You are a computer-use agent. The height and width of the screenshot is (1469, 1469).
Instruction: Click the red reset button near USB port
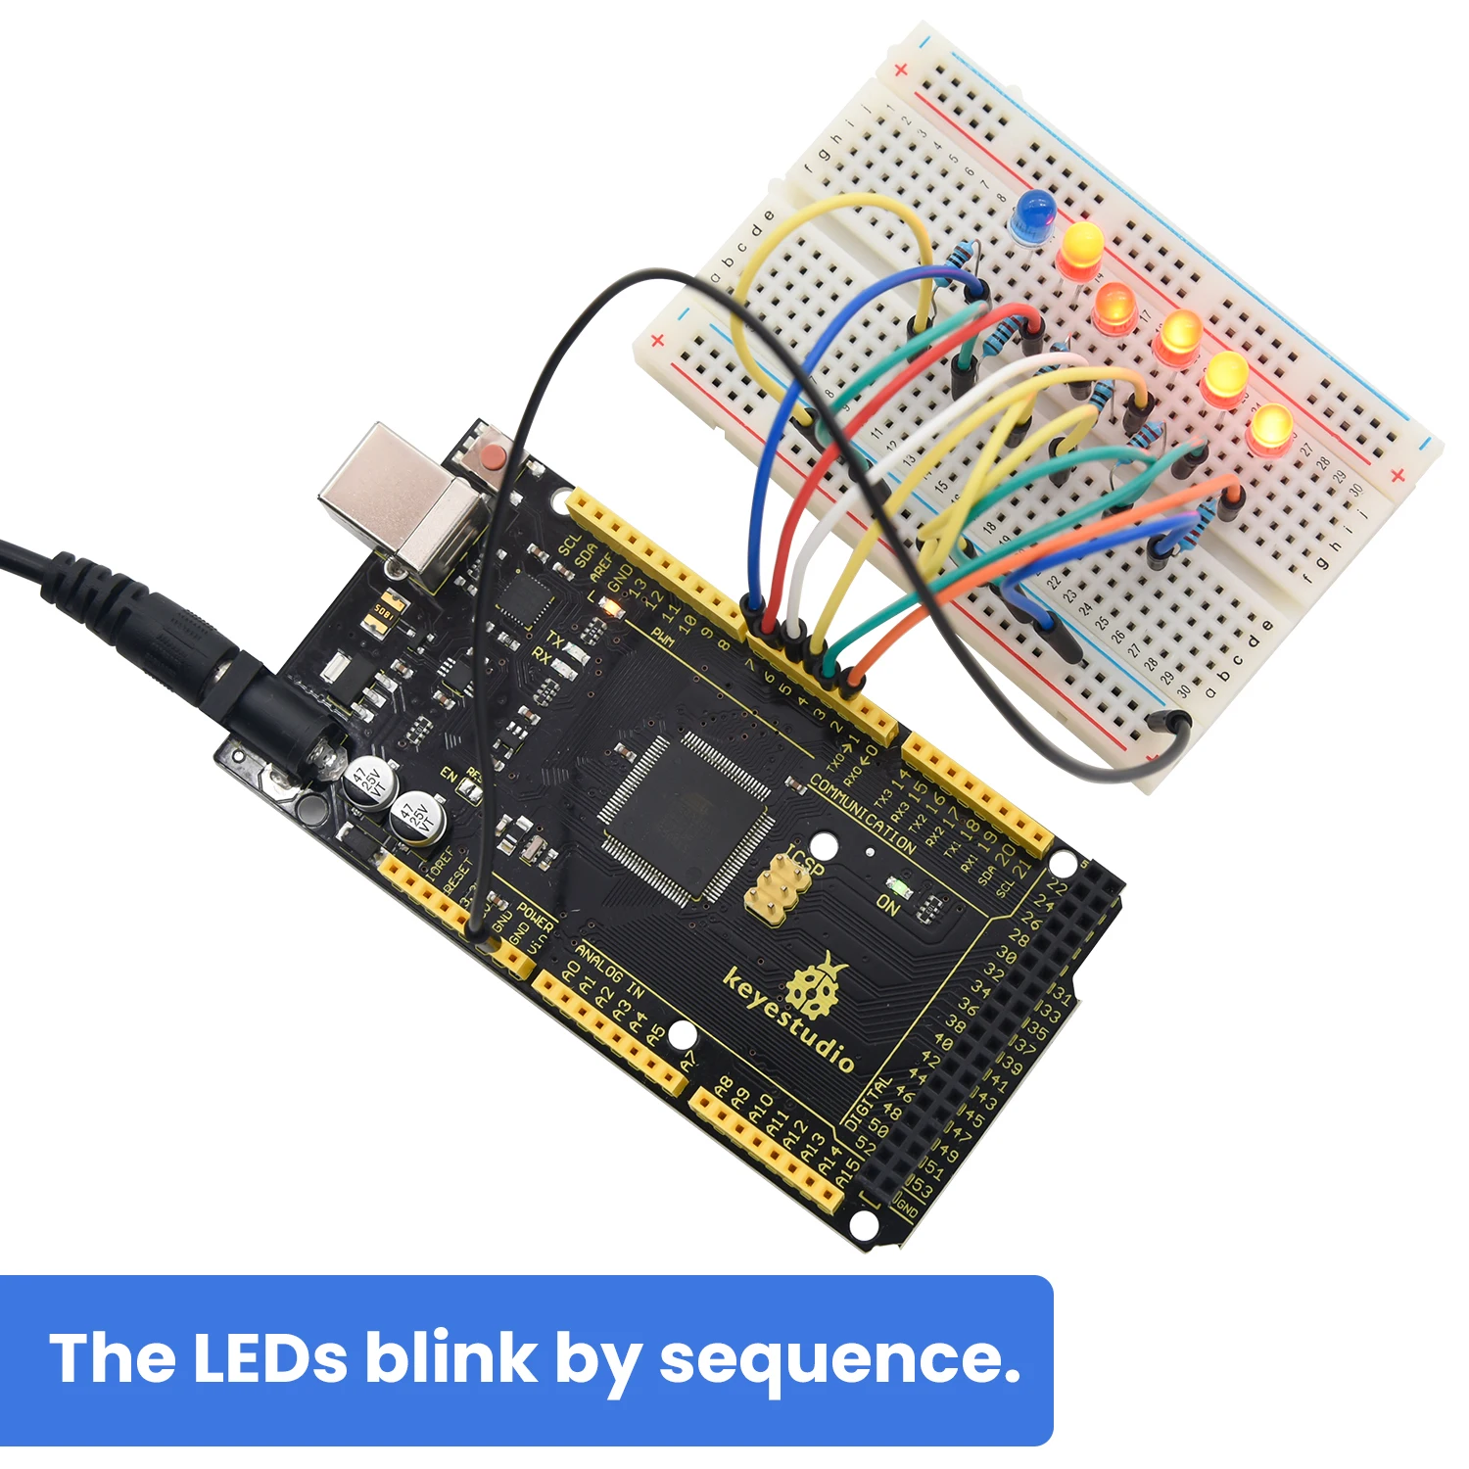[x=490, y=454]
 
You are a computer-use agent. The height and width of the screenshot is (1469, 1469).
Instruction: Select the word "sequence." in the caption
[x=839, y=1358]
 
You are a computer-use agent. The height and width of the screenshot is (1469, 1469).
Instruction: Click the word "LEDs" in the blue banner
[x=269, y=1358]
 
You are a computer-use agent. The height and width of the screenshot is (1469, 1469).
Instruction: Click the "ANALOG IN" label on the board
[x=609, y=971]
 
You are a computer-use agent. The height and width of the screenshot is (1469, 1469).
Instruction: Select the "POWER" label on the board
[x=536, y=917]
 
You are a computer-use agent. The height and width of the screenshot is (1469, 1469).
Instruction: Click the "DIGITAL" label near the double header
[x=868, y=1103]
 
